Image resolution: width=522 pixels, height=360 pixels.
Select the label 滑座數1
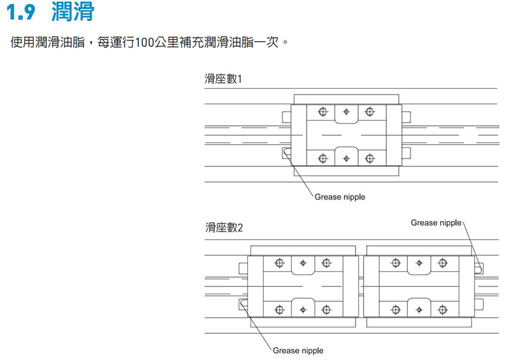pos(223,80)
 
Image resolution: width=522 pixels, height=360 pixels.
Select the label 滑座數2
pos(223,228)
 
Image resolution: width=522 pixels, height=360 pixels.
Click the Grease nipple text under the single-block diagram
pos(339,197)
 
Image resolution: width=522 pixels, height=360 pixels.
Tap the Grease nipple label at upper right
pos(436,223)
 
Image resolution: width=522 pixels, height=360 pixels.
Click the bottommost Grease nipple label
pos(298,351)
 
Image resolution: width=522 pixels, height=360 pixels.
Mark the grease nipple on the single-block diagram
pos(287,153)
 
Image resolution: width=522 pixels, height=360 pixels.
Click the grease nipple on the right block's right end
pos(480,266)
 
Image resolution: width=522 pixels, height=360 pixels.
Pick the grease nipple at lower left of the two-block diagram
pos(244,304)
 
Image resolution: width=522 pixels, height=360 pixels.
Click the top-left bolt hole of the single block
pos(322,112)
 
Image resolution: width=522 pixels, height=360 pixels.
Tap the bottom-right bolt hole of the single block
pos(370,158)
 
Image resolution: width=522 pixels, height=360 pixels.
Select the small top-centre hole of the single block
pos(346,112)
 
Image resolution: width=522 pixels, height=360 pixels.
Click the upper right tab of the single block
pos(407,117)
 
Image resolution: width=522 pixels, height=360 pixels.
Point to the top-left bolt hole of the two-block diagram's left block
pos(279,263)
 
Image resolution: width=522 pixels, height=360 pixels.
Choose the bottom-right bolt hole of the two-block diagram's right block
pos(442,309)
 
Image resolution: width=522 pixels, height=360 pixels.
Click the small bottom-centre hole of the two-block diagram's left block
pos(303,309)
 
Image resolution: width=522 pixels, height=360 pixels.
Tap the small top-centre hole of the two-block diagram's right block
pos(418,263)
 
